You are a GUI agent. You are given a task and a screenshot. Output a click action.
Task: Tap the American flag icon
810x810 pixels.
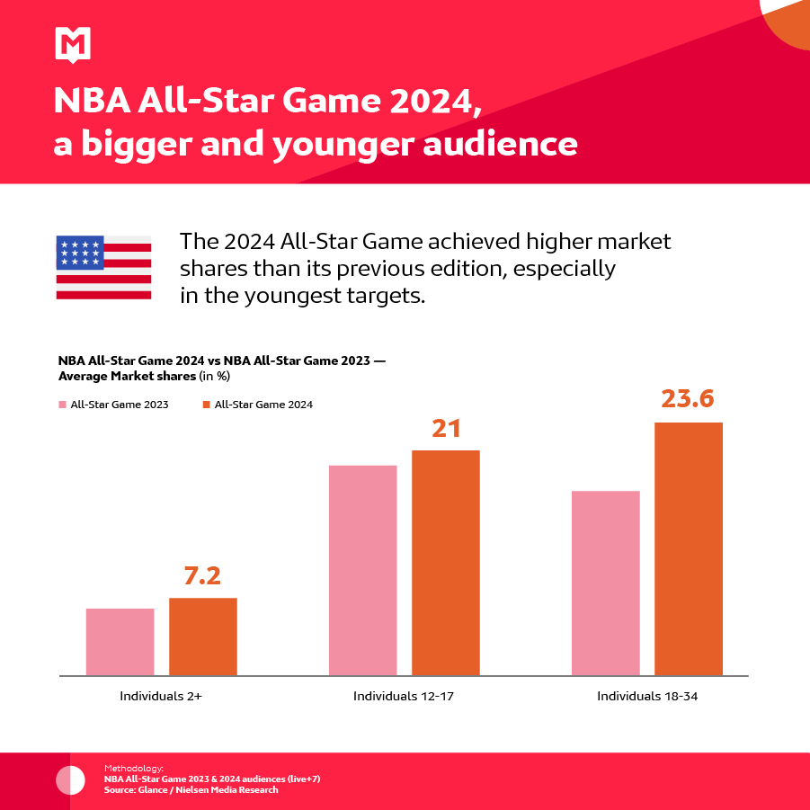(x=103, y=267)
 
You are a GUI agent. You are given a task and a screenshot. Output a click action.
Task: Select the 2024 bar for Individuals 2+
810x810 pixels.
(x=203, y=636)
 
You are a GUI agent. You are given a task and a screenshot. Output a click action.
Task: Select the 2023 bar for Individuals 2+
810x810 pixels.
(x=120, y=642)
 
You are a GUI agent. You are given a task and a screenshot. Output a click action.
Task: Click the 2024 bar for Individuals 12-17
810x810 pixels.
(x=446, y=563)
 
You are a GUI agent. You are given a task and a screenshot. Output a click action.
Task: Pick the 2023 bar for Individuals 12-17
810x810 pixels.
(x=363, y=570)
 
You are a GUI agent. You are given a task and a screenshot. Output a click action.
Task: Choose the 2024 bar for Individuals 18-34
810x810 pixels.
(x=689, y=548)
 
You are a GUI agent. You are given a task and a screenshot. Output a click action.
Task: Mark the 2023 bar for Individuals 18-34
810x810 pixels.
(x=606, y=583)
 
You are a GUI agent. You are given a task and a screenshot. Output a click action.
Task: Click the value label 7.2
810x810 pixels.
(x=202, y=575)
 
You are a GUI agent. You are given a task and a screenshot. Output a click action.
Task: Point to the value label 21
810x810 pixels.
(x=446, y=428)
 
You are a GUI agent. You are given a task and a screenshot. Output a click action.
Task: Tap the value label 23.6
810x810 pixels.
(x=689, y=398)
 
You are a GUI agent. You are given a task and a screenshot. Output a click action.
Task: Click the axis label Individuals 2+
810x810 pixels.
(x=162, y=696)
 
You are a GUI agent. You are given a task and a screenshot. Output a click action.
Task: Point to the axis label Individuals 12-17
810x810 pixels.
(x=405, y=696)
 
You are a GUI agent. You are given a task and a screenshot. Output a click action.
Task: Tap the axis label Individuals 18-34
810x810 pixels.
(x=647, y=696)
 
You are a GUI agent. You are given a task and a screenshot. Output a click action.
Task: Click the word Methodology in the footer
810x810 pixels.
(x=134, y=769)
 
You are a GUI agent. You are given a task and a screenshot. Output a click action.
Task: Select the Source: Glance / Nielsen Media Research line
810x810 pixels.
(x=191, y=790)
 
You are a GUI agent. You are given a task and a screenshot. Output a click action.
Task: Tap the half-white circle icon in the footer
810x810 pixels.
(x=70, y=780)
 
